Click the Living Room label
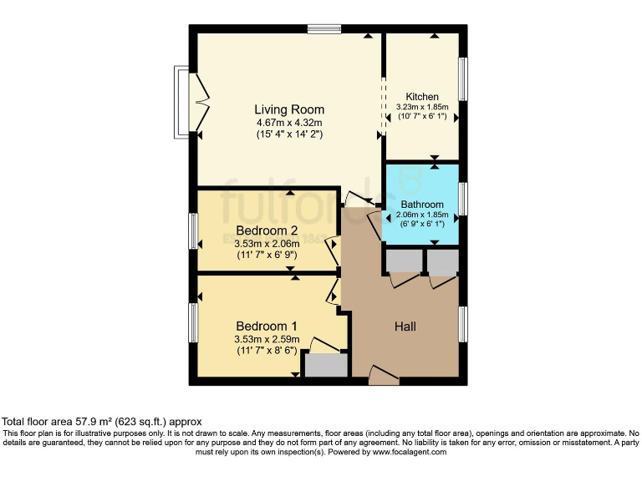click(x=289, y=109)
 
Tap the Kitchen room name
click(x=422, y=97)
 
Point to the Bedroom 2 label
click(x=267, y=230)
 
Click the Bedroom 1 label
click(x=267, y=326)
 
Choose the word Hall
click(x=405, y=326)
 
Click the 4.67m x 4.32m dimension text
click(x=289, y=123)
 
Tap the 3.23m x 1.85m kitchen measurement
click(x=422, y=107)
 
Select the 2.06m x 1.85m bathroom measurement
click(x=421, y=215)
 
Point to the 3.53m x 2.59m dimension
click(x=267, y=339)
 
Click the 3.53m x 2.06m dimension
click(x=267, y=244)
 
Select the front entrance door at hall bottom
click(x=384, y=377)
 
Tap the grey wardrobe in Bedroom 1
click(x=325, y=366)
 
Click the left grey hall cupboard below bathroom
click(x=404, y=262)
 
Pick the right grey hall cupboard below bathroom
click(x=443, y=262)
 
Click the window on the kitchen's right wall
click(x=462, y=79)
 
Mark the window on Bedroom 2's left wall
click(x=193, y=230)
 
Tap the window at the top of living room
click(x=324, y=29)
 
